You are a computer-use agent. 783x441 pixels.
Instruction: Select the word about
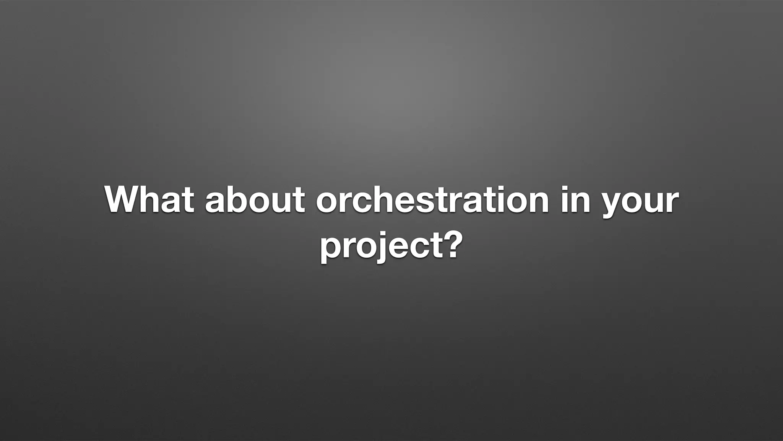coord(255,200)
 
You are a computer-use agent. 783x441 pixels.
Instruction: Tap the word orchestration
coord(432,200)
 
